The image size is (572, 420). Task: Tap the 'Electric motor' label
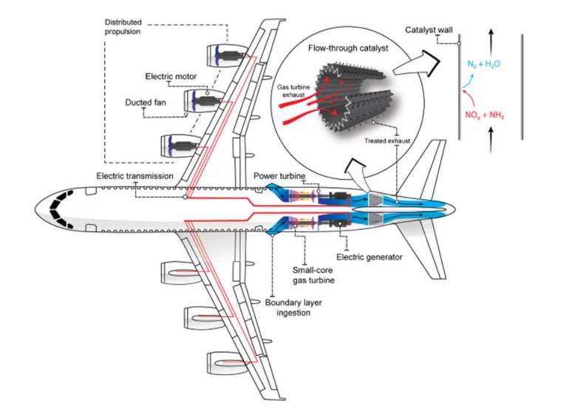point(166,76)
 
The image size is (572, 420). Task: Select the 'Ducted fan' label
point(146,103)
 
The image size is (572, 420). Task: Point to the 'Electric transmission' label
point(135,176)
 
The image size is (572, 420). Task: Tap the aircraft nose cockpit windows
point(58,209)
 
